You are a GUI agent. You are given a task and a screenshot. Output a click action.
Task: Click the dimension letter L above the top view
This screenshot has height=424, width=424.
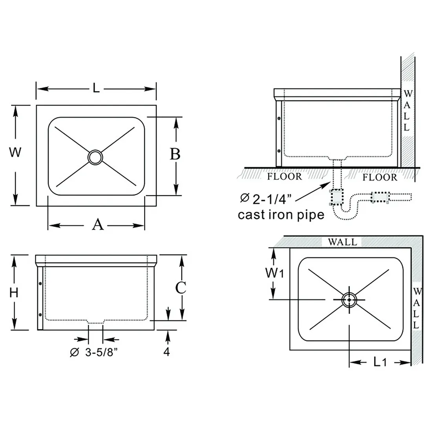point(96,88)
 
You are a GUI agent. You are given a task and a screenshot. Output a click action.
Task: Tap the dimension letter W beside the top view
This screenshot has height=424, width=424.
point(15,152)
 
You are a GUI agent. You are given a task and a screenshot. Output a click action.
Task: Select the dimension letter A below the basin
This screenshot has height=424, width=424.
point(97,225)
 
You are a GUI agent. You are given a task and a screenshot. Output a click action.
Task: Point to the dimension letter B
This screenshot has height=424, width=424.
point(175,154)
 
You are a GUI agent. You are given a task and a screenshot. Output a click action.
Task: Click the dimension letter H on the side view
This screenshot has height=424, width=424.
point(14,292)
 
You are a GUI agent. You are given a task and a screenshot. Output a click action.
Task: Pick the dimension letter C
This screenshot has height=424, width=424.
point(181,287)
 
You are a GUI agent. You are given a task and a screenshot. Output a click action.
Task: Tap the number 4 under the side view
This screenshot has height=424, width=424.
point(166,351)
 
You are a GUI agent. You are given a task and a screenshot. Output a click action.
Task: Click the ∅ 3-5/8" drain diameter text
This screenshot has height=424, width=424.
point(94,352)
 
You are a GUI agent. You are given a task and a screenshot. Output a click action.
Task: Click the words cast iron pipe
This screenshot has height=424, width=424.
point(281,215)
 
